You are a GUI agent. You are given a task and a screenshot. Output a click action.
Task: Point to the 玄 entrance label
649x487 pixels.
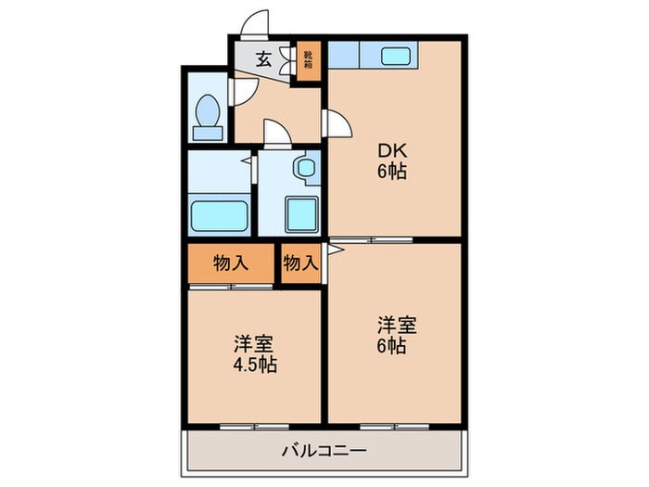tap(263, 60)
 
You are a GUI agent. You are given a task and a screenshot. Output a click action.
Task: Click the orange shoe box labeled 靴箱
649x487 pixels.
tap(308, 61)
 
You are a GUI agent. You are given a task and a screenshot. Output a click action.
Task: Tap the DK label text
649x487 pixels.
tap(392, 151)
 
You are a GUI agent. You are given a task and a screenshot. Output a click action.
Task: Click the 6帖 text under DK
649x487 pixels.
tap(392, 172)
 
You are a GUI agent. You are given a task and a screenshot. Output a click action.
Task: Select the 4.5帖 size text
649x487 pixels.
tap(254, 364)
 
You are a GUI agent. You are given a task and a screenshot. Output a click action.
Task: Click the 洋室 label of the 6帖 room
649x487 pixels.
tap(396, 325)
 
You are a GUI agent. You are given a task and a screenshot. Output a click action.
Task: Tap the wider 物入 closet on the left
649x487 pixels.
tap(232, 263)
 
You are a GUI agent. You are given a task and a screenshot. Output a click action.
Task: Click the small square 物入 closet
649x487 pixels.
tap(300, 263)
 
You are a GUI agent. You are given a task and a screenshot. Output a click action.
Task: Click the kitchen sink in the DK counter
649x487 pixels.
tap(388, 55)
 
